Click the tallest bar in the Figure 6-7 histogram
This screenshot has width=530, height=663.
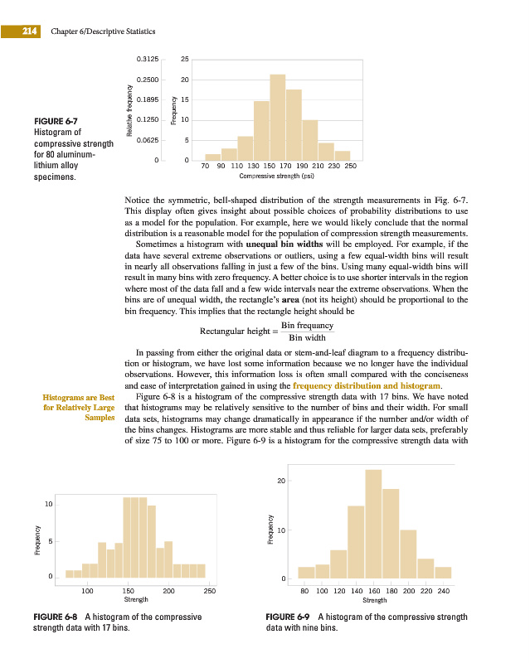pyautogui.click(x=278, y=116)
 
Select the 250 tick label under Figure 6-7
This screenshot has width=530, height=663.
pyautogui.click(x=350, y=167)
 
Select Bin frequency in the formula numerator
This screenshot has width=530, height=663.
pyautogui.click(x=308, y=326)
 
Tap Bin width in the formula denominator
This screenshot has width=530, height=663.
pyautogui.click(x=308, y=338)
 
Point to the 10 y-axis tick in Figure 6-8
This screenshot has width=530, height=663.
pyautogui.click(x=50, y=504)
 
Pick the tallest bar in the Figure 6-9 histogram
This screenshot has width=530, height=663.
pyautogui.click(x=373, y=522)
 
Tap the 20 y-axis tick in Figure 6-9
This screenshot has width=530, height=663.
pyautogui.click(x=282, y=481)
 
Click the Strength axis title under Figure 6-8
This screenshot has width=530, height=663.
pyautogui.click(x=135, y=598)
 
